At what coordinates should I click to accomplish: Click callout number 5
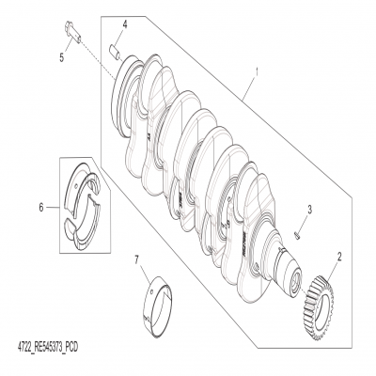(x=63, y=56)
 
